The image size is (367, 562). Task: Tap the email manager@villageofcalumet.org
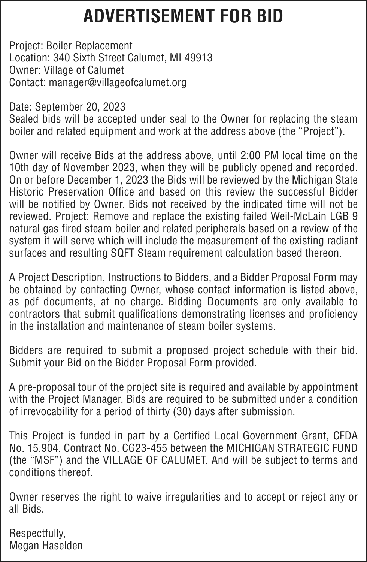pos(118,82)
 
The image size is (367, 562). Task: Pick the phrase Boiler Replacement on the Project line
pos(89,46)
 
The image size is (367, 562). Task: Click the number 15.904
pos(40,448)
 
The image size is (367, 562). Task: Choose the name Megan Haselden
pos(46,546)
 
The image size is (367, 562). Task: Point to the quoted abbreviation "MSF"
pos(37,460)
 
